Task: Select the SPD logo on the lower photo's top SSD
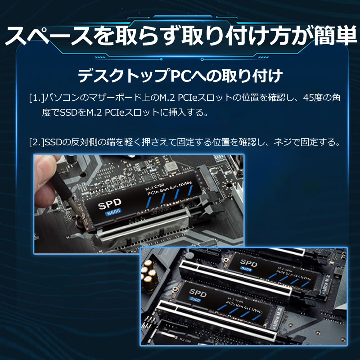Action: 248,262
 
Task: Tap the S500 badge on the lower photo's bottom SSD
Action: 195,300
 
